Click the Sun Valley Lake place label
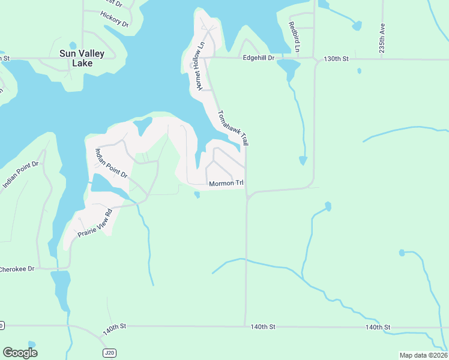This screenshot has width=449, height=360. (82, 58)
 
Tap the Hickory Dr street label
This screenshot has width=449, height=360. (115, 19)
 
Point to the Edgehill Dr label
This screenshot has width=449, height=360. (258, 58)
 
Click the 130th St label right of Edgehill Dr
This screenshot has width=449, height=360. (336, 58)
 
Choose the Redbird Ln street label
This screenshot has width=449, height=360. (294, 36)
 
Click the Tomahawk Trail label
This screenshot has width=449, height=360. (233, 128)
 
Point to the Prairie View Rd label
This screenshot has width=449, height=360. (92, 223)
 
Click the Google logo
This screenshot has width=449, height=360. (20, 353)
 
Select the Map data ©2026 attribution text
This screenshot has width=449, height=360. (423, 355)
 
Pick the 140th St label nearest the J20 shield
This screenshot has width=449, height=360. (114, 329)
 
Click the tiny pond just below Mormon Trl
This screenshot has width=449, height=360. (197, 194)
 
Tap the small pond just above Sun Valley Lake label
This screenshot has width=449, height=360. (73, 45)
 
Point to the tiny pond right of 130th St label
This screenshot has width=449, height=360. (359, 71)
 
